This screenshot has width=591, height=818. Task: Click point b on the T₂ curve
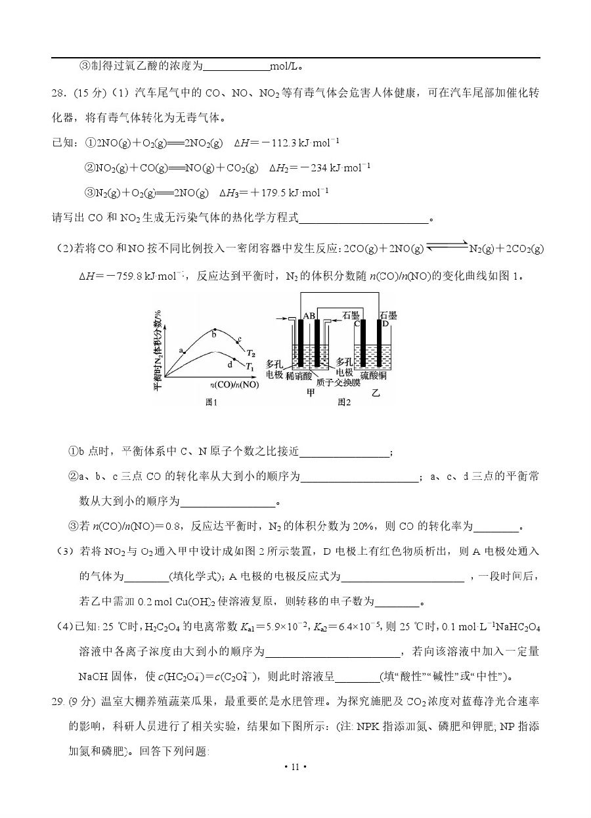coord(214,330)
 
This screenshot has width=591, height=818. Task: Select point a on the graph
coord(184,353)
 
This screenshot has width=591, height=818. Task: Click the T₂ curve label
coord(251,353)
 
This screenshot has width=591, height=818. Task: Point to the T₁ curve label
coord(250,366)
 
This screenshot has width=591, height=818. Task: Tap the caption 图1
coord(211,402)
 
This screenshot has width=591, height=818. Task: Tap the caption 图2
coord(344,402)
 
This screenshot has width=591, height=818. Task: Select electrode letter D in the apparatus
coord(385,324)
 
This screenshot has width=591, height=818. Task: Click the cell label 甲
coord(311,393)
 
